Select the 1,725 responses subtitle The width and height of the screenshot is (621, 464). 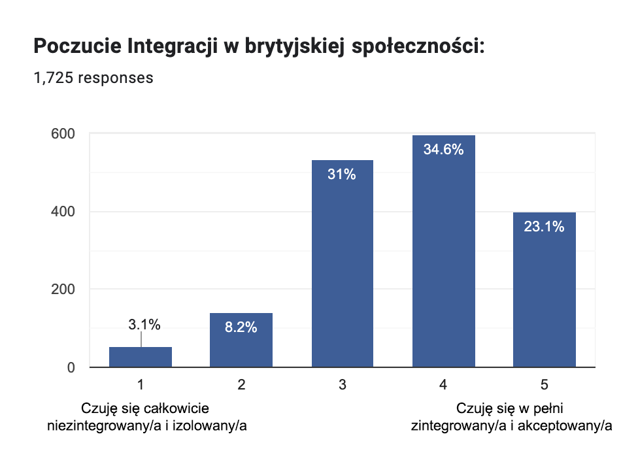coord(93,78)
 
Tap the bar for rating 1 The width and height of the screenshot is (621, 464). coord(141,357)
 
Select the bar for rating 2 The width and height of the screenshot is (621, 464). coord(241,343)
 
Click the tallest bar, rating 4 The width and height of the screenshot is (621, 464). coord(443,255)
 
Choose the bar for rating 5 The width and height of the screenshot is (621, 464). coord(544,294)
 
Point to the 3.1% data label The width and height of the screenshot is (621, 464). coord(144,323)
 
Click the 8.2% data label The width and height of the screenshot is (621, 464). coord(241,328)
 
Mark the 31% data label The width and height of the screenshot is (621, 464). coord(342,174)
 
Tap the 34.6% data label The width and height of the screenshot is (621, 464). coord(443,150)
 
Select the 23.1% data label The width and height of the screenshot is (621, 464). coord(544,227)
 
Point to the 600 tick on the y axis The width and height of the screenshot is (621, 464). coord(63,134)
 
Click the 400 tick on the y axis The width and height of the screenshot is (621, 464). coord(63,212)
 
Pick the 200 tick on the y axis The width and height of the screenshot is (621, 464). coord(63,290)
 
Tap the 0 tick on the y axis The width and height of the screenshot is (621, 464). coord(71,367)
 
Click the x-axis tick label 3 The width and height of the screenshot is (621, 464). coord(342,386)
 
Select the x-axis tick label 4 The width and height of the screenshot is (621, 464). coord(443,386)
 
